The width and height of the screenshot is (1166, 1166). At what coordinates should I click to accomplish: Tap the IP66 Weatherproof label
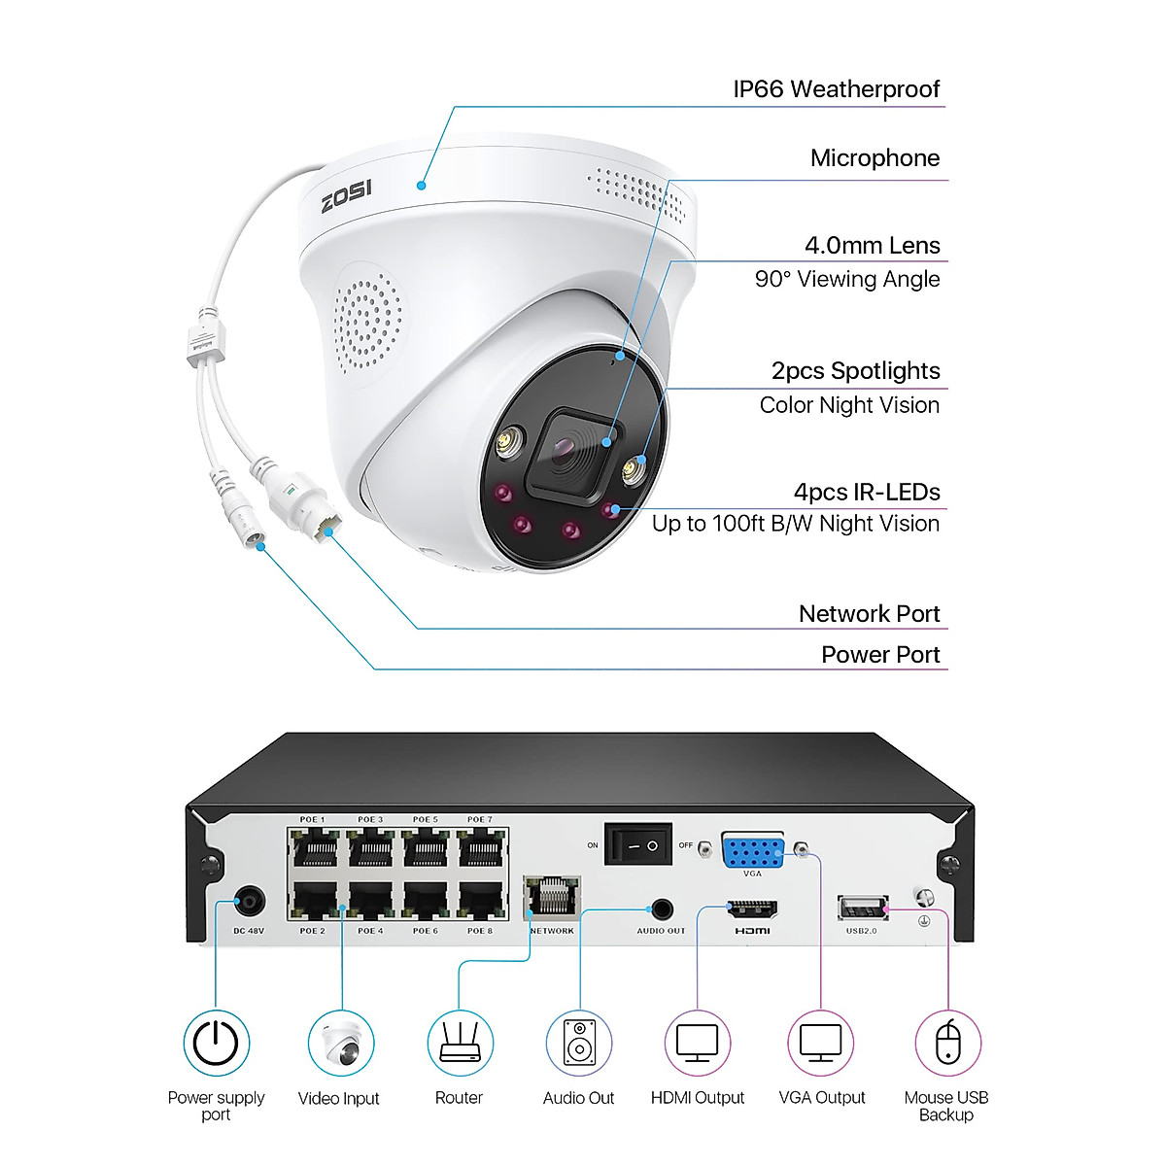pos(836,89)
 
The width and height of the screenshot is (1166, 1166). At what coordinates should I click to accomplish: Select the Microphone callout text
pos(874,158)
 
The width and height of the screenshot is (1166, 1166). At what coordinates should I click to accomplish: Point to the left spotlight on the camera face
pos(506,443)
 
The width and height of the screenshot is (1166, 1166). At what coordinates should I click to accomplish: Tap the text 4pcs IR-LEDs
pos(867,492)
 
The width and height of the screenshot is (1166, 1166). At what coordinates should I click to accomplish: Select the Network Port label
pos(869,614)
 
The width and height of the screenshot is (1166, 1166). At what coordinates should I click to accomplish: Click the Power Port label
pos(879,655)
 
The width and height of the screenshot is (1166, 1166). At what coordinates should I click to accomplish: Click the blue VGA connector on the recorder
pos(753,851)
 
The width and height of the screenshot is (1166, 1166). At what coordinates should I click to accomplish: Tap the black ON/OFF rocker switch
pos(638,844)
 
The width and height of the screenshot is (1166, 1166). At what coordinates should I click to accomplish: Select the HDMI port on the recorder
pos(752,909)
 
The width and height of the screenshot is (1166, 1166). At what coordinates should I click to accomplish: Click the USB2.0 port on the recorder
pos(862,909)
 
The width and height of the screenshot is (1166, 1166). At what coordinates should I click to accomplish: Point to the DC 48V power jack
pos(250,903)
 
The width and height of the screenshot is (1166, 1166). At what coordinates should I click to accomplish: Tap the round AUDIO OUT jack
pos(662,910)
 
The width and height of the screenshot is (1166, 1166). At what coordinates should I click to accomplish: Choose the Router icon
pos(460,1044)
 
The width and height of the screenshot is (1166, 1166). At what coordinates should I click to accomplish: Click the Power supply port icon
pos(216,1044)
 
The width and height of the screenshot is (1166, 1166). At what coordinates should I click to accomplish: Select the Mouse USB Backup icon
pos(947,1044)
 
